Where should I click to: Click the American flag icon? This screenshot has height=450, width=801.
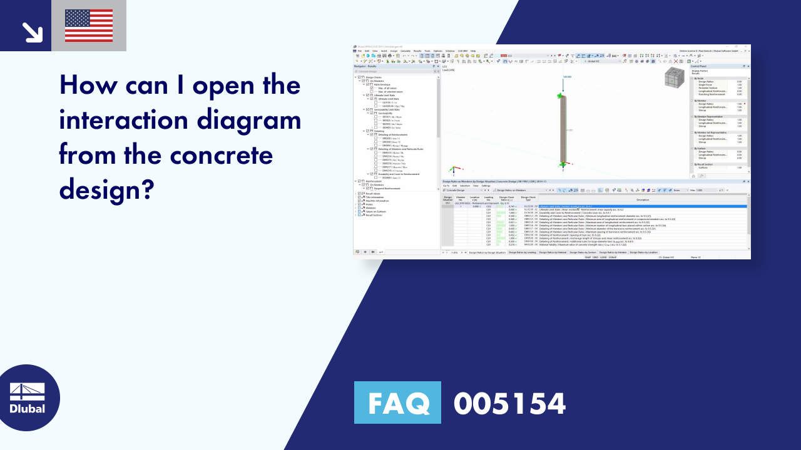tap(89, 26)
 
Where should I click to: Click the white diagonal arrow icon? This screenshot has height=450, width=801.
tap(31, 32)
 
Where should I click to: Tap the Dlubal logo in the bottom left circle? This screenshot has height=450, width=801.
tap(28, 398)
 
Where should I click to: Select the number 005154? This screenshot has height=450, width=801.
tap(509, 403)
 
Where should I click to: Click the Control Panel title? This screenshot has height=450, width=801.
tap(699, 66)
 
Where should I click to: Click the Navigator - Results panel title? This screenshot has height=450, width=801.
tap(365, 66)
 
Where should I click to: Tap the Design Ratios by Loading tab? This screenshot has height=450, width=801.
tap(522, 252)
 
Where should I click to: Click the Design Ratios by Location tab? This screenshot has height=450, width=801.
tap(644, 252)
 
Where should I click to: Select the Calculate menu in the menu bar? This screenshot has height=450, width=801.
tap(406, 51)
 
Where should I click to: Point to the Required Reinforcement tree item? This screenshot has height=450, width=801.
tap(388, 188)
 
